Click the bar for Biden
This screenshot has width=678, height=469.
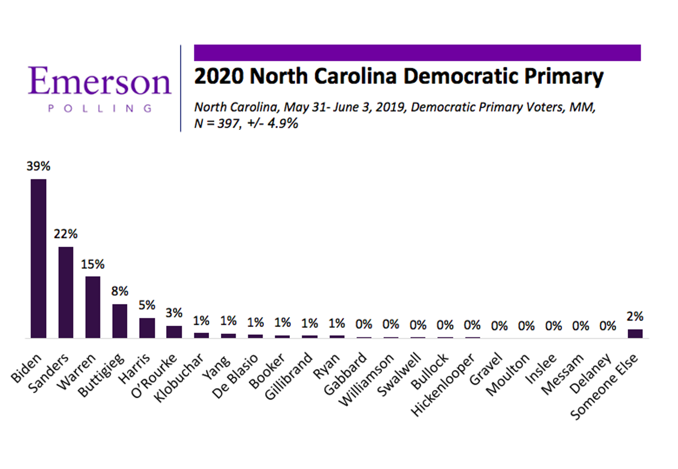pyautogui.click(x=38, y=258)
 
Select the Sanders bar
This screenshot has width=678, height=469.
pyautogui.click(x=66, y=292)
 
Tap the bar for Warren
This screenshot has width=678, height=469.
pyautogui.click(x=93, y=307)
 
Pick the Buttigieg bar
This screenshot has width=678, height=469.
pyautogui.click(x=120, y=321)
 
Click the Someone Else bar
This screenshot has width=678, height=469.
pyautogui.click(x=635, y=334)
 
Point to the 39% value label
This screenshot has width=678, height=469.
pyautogui.click(x=38, y=167)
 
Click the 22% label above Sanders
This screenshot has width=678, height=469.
pyautogui.click(x=66, y=235)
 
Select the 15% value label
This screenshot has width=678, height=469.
pyautogui.click(x=93, y=264)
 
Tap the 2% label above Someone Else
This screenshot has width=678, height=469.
pyautogui.click(x=635, y=317)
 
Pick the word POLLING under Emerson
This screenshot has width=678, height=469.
pyautogui.click(x=100, y=108)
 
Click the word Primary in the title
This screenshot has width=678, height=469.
pyautogui.click(x=557, y=76)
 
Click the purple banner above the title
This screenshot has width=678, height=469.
pyautogui.click(x=417, y=52)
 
